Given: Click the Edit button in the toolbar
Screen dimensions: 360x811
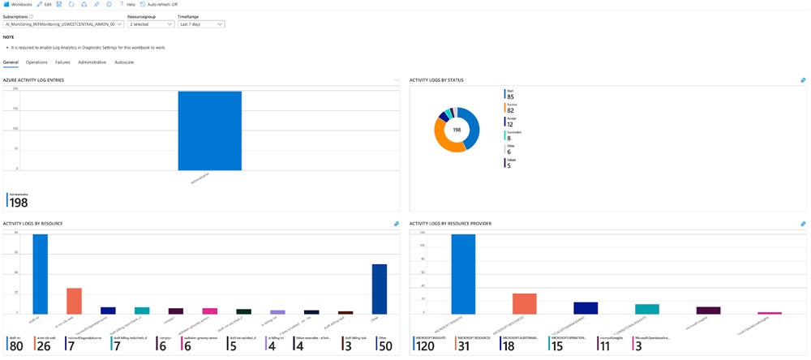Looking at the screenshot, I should click(x=44, y=4).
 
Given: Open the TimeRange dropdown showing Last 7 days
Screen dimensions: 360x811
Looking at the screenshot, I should click(x=201, y=24).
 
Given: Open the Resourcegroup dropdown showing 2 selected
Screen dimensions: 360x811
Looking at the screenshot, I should click(x=149, y=24).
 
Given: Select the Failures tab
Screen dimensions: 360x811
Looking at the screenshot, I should click(x=62, y=62).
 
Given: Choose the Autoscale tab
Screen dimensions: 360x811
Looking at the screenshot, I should click(x=124, y=62).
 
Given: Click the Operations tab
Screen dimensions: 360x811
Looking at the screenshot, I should click(x=36, y=62).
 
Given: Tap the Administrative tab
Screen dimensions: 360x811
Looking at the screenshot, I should click(x=92, y=62).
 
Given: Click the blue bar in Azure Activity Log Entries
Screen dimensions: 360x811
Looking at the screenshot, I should click(x=209, y=130).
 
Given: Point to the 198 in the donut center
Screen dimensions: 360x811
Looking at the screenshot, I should click(x=457, y=129).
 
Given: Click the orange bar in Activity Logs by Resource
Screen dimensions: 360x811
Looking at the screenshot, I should click(x=74, y=300).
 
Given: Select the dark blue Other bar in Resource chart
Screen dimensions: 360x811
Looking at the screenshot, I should click(x=379, y=289).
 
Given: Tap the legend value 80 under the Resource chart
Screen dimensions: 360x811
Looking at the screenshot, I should click(x=15, y=347).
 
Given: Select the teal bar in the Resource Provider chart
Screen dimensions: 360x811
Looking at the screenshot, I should click(x=646, y=309).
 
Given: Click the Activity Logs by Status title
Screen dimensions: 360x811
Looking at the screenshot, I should click(x=447, y=80).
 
